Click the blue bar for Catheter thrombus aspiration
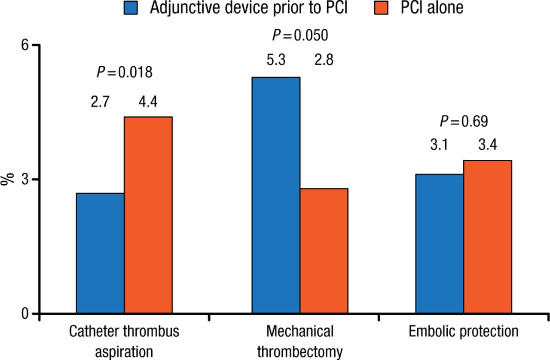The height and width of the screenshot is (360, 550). pos(100,253)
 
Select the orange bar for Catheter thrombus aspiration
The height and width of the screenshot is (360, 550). pos(148,215)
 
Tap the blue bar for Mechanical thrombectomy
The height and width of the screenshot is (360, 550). pos(276,195)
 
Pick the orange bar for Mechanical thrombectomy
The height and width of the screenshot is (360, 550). pos(324,251)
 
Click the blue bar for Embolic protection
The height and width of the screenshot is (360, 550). pos(440,244)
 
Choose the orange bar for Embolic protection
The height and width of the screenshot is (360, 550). pos(488,237)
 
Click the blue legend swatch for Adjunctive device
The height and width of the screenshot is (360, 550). pos(131,8)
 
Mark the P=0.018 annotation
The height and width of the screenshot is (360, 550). pos(124,72)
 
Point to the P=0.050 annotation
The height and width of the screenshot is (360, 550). pos(300,35)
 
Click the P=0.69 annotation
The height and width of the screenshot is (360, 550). pos(464,122)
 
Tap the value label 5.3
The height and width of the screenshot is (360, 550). pos(276,60)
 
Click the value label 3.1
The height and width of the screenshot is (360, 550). pos(440,146)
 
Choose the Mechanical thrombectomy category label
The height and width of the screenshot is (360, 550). pos(300,342)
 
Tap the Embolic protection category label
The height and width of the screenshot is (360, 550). pos(464,332)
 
